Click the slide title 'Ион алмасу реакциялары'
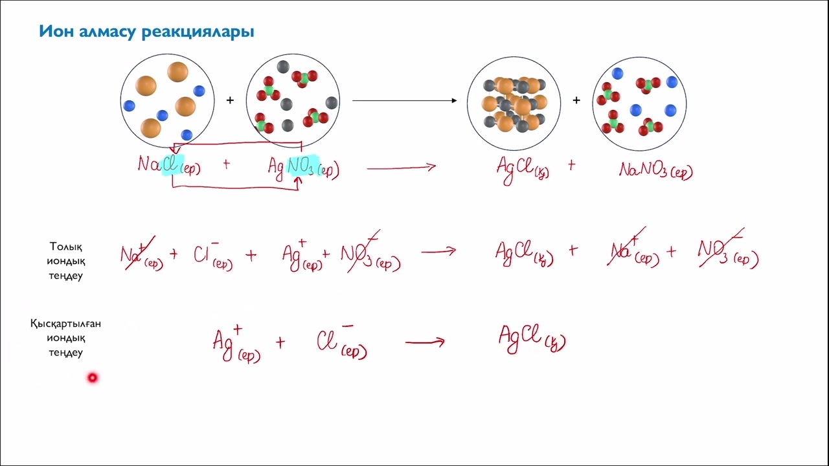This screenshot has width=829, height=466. pos(146,32)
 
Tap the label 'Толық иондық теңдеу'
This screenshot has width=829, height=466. pos(66,261)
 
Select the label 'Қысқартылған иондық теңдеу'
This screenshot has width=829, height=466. pos(65,338)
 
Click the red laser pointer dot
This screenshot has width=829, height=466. pos(92,377)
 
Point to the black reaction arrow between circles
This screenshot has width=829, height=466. pos(405,100)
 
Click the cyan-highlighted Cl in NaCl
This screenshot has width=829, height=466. pos(172,164)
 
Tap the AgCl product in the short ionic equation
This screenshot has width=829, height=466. pos(532,338)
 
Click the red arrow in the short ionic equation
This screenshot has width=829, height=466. pos(425,342)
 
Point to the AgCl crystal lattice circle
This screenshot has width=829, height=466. pos(514,104)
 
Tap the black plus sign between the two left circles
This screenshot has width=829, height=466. pos(230,100)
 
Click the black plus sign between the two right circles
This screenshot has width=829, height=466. pos(576,100)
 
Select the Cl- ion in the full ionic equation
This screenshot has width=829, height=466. pos(213,255)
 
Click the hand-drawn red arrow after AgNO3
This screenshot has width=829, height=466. pos(401,168)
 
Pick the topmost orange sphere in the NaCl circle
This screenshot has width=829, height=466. pos(177,72)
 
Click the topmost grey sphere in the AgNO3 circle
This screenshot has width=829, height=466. pos(283,67)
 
